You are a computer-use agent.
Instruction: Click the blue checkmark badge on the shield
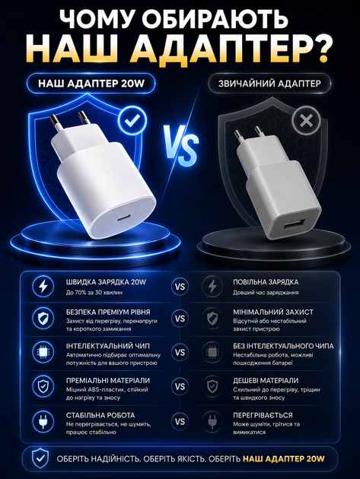coord(132,121)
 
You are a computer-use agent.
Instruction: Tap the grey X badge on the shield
coord(306,121)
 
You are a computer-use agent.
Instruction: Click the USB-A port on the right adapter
coord(291,226)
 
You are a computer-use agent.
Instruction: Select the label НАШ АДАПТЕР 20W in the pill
coord(91,84)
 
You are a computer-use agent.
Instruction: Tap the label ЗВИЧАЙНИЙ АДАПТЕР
coord(269,84)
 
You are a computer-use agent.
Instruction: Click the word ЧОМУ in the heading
coord(98,19)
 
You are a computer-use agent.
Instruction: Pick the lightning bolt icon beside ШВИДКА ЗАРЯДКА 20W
coord(43,287)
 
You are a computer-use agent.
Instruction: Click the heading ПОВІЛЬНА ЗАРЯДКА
coord(266,282)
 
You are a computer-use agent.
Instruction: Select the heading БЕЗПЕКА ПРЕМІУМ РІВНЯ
coord(108,312)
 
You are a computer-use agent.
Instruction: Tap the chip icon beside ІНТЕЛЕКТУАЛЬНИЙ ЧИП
coord(43,352)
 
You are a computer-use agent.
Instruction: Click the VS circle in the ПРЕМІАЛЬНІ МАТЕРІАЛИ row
coord(180,387)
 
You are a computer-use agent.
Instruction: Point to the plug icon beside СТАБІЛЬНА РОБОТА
coord(43,421)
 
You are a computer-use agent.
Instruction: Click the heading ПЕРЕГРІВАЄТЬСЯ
coord(263,415)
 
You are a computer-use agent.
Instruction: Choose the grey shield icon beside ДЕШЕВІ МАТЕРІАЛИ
coord(212,387)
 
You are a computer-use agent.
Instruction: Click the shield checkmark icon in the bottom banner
coord(40,458)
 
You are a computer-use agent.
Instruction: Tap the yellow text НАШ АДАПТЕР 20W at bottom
coord(284,458)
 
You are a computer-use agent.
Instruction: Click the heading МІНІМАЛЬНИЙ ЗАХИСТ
coord(273,312)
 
